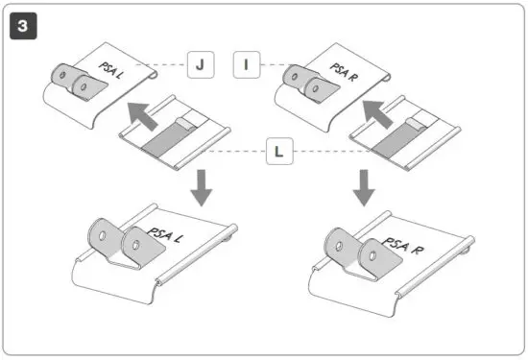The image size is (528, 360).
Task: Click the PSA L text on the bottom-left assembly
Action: click(164, 234)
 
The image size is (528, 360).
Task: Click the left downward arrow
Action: click(203, 186)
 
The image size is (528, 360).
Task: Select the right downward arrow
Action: click(362, 186)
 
